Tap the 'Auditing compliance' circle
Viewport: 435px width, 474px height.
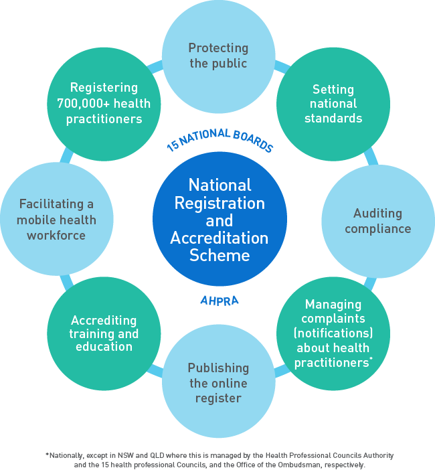(x=378, y=221)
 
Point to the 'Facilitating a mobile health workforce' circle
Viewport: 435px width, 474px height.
(x=56, y=220)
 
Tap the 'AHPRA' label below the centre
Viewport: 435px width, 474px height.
(x=220, y=300)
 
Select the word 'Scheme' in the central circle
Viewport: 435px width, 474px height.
(x=220, y=255)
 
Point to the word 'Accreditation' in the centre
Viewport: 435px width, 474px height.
(x=220, y=238)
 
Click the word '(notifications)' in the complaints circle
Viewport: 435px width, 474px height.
(x=333, y=333)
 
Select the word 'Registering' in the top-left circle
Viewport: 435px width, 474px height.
(x=104, y=88)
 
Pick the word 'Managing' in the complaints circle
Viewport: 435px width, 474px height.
(x=333, y=304)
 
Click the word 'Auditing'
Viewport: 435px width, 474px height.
(x=378, y=214)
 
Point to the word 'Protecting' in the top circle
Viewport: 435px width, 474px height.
(x=218, y=48)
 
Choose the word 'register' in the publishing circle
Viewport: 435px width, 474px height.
(x=218, y=398)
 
